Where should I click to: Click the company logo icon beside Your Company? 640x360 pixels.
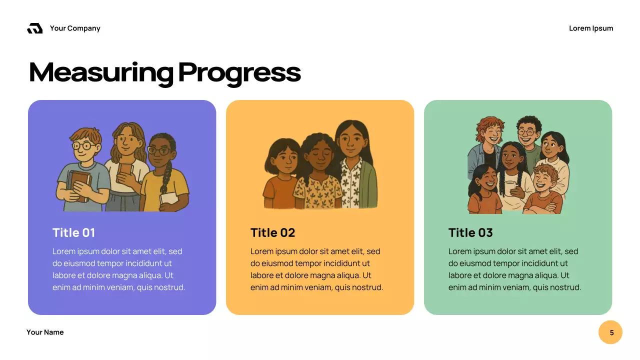pos(34,28)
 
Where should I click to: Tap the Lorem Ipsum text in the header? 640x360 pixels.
pos(591,28)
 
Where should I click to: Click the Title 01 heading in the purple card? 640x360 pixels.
pos(73,232)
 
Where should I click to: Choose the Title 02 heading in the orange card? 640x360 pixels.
pos(272,232)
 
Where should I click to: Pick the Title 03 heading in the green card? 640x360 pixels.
pos(470,232)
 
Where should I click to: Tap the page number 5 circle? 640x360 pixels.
pos(610,332)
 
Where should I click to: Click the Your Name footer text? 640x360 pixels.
pos(45,332)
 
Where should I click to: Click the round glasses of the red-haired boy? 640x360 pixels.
pos(83,146)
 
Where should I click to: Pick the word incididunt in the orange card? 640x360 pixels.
pos(349,263)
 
